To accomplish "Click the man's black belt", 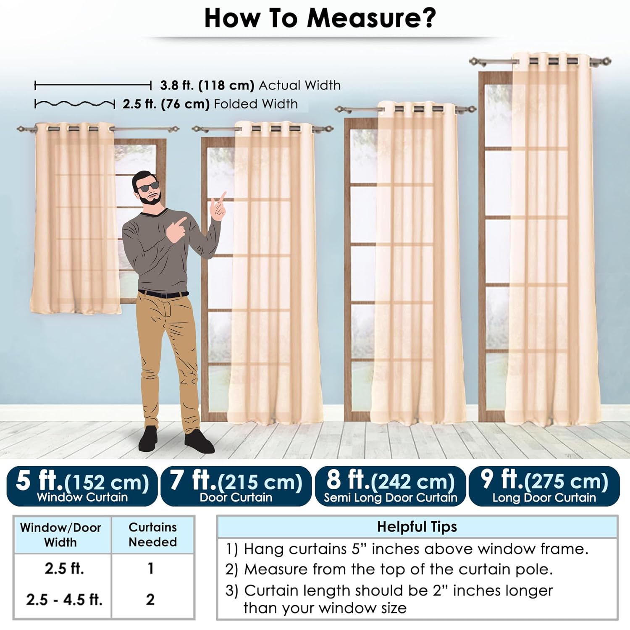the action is click(x=163, y=294).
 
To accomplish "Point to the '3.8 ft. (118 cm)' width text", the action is click(x=207, y=85).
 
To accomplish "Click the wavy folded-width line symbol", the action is click(x=74, y=103).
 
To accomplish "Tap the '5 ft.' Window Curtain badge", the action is click(x=82, y=486).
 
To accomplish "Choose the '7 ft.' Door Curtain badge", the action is click(x=236, y=486).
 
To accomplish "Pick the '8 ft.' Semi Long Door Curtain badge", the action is click(x=390, y=486).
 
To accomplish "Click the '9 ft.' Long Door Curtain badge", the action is click(x=544, y=486).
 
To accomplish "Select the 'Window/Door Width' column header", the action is click(x=60, y=535).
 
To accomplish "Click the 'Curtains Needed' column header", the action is click(x=152, y=534).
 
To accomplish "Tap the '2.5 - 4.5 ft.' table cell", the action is click(x=64, y=599).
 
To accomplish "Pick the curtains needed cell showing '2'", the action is click(x=150, y=599).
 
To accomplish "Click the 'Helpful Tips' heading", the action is click(x=417, y=526).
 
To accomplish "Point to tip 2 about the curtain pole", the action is click(x=389, y=569).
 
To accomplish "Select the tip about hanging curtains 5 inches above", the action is click(x=407, y=549).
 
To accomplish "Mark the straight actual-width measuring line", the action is click(x=93, y=86).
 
